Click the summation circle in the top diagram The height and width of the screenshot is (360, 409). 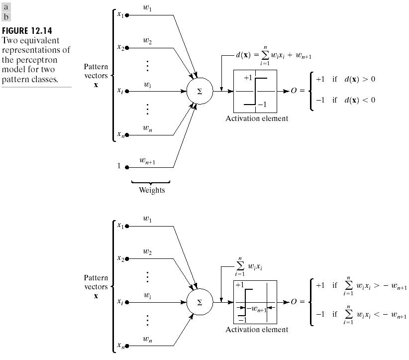(x=200, y=91)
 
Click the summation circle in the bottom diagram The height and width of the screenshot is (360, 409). (x=200, y=302)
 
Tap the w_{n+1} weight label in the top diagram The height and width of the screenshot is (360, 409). (x=148, y=160)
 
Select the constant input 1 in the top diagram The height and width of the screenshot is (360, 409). (x=119, y=166)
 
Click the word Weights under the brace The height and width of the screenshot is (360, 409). (x=152, y=190)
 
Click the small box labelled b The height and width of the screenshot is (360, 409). (x=6, y=17)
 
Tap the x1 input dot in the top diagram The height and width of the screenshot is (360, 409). (x=127, y=15)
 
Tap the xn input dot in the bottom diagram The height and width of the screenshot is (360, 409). (x=127, y=346)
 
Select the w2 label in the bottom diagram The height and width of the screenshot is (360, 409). (x=147, y=252)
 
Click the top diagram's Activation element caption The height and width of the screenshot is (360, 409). (x=257, y=119)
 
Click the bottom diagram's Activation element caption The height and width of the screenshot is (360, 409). (x=257, y=330)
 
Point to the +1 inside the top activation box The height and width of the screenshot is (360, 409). (x=248, y=78)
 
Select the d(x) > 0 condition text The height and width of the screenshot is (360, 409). (x=360, y=79)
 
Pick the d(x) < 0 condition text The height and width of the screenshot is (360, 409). (x=360, y=100)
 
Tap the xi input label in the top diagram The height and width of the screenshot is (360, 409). (x=120, y=91)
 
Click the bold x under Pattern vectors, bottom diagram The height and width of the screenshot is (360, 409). (x=96, y=296)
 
